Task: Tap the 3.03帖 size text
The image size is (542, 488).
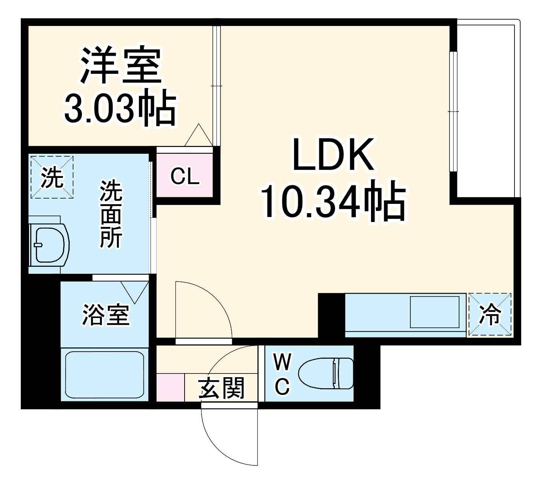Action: click(120, 109)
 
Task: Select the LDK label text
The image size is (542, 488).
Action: click(333, 155)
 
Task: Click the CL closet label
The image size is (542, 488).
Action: click(185, 176)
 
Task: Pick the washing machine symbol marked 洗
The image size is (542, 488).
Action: click(52, 177)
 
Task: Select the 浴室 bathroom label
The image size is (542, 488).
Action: click(106, 315)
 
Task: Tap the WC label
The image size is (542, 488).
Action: click(282, 375)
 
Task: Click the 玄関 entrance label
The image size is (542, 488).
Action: click(222, 388)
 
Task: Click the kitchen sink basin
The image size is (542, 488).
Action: click(434, 312)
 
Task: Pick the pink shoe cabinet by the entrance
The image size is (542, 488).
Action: click(170, 387)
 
